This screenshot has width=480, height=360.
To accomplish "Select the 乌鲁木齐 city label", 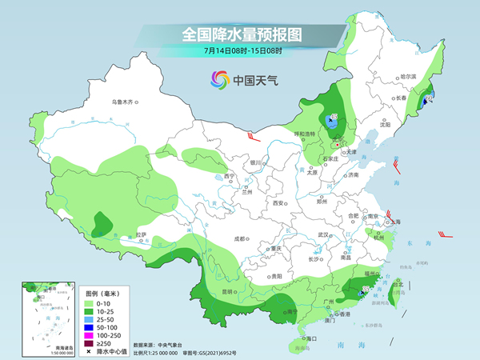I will pyautogui.click(x=125, y=102).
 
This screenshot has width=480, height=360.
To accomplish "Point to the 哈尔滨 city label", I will pyautogui.click(x=409, y=76).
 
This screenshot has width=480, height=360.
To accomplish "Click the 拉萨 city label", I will pyautogui.click(x=141, y=234).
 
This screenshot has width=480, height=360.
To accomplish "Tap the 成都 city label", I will pyautogui.click(x=239, y=238).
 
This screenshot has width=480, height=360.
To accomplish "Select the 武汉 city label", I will pyautogui.click(x=324, y=234).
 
